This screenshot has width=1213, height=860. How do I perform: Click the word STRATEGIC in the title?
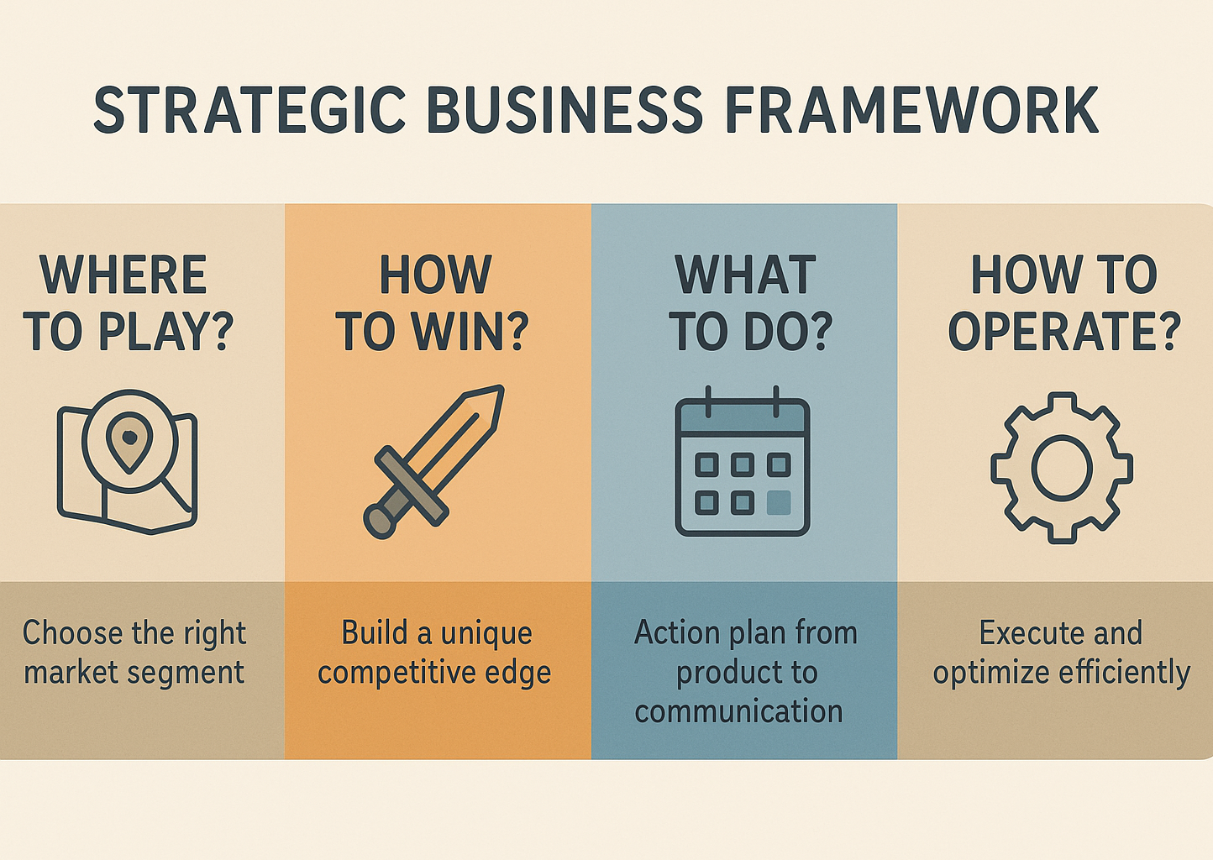249,109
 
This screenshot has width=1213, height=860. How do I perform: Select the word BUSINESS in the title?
565,109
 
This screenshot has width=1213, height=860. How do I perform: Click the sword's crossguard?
412,485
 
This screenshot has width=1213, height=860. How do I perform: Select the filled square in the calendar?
779,502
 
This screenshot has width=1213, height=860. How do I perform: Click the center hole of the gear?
1062,467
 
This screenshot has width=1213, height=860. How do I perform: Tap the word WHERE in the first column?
123,275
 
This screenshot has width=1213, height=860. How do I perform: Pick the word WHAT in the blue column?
745,275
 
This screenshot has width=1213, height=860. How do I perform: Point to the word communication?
738,711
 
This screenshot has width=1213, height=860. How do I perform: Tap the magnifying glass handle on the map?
177,495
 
